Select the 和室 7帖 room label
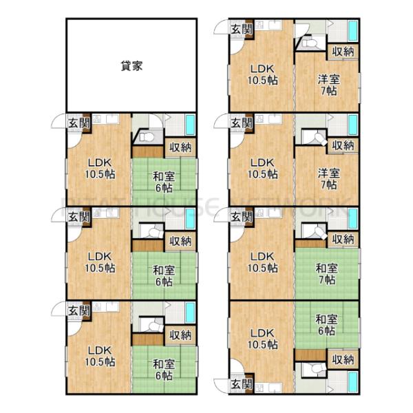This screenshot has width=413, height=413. pyautogui.click(x=327, y=273)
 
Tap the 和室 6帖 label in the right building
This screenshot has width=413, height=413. pyautogui.click(x=327, y=324)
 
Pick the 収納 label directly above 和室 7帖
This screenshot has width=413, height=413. pyautogui.click(x=343, y=239)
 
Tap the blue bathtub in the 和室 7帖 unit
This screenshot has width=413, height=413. pyautogui.click(x=352, y=220)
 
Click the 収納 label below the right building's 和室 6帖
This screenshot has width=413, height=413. pyautogui.click(x=343, y=359)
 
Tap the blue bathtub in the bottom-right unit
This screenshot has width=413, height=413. pyautogui.click(x=352, y=381)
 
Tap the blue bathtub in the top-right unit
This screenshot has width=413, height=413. pyautogui.click(x=352, y=32)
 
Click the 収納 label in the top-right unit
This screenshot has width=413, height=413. pyautogui.click(x=343, y=51)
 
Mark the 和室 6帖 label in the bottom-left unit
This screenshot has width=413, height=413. pyautogui.click(x=163, y=370)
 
